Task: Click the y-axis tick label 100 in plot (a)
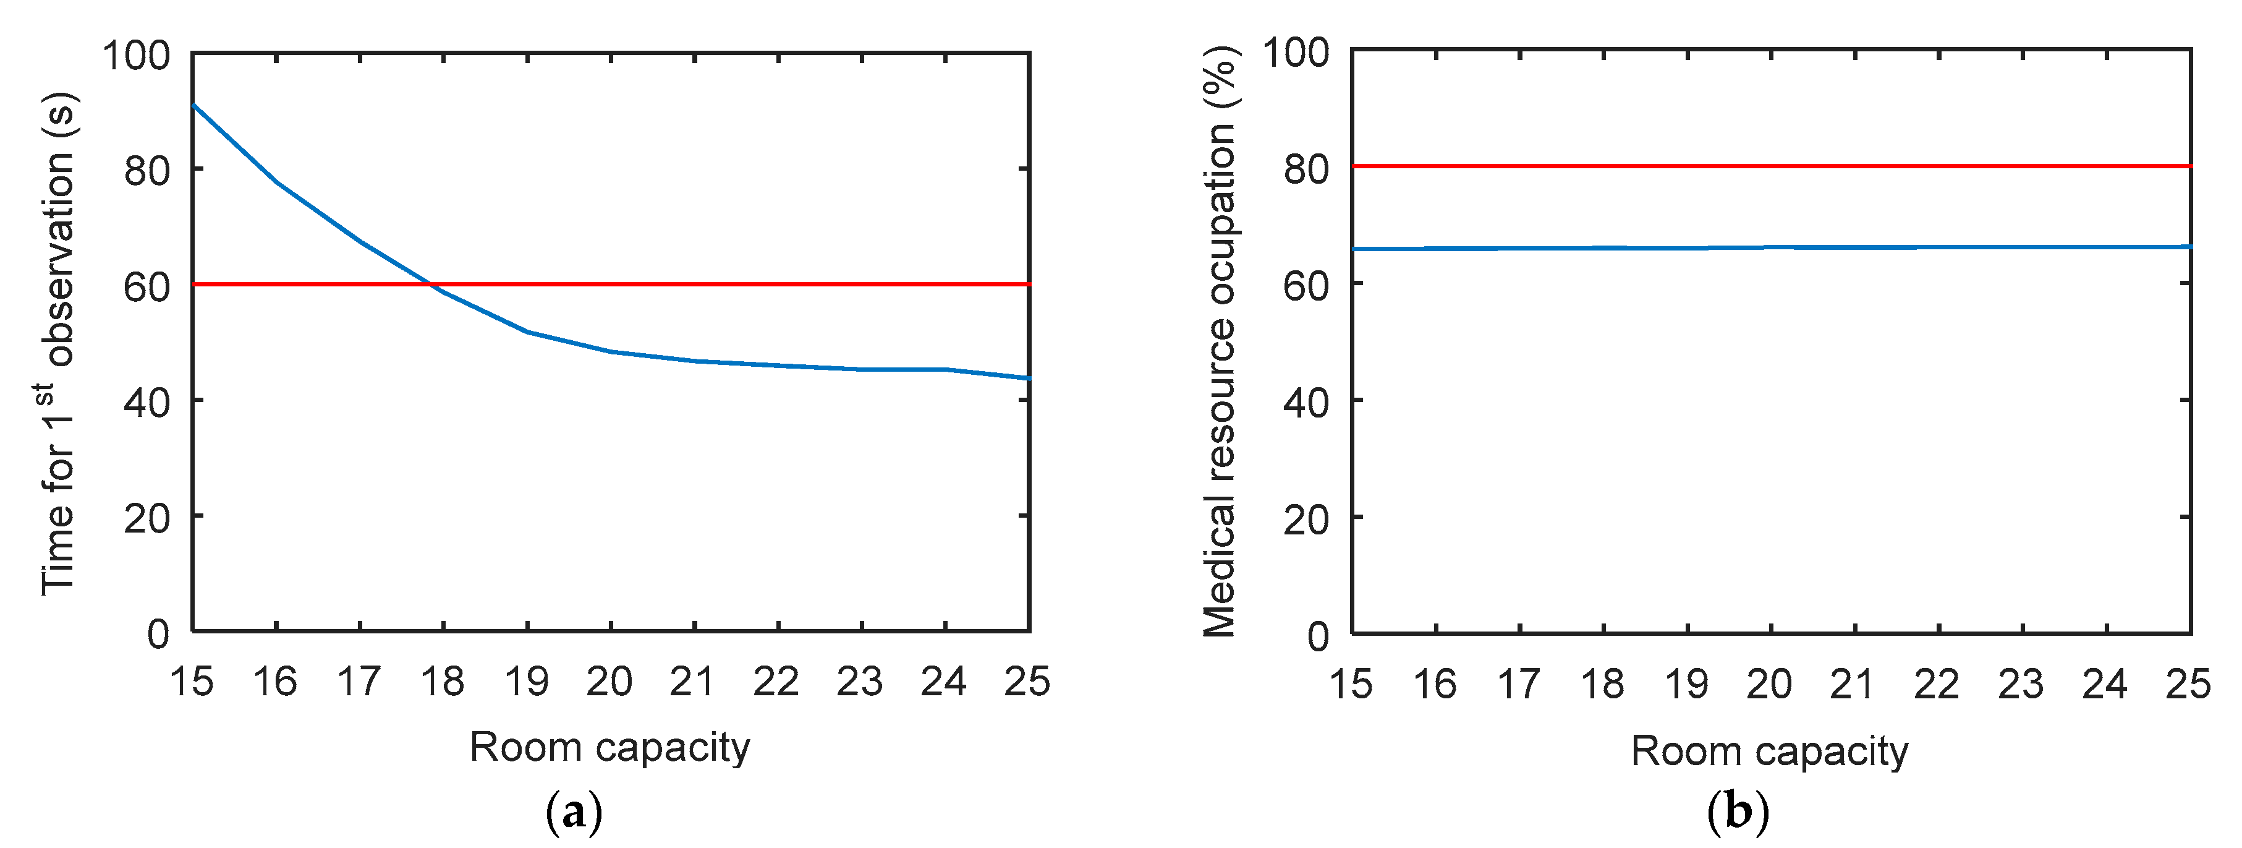[136, 55]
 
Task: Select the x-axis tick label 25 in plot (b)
[2187, 684]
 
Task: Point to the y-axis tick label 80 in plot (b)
[1306, 168]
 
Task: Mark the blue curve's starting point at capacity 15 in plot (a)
[193, 105]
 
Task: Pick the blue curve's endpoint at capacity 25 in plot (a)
[1029, 378]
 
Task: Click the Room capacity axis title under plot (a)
[609, 747]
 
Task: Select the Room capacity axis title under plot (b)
[1769, 750]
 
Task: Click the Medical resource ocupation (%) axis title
[1220, 341]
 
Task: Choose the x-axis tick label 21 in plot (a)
[693, 682]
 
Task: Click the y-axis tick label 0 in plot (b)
[1318, 636]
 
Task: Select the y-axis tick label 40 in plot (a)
[146, 402]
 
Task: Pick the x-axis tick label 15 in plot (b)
[1350, 684]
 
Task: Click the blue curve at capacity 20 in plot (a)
[611, 352]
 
